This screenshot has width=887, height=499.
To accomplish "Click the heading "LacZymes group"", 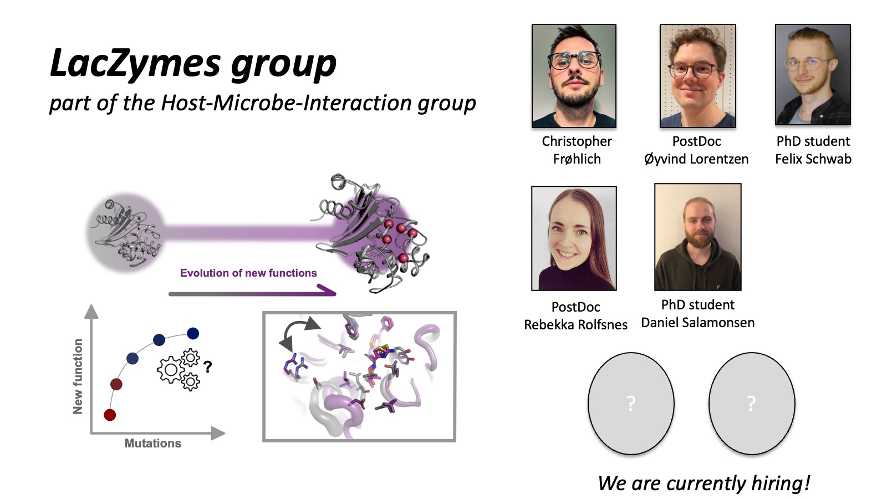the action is [193, 63].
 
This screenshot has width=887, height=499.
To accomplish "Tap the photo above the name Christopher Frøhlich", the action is [574, 75].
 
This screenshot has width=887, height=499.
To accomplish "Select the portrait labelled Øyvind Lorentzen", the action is [698, 75].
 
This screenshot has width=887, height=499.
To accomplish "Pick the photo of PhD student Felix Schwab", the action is [813, 74].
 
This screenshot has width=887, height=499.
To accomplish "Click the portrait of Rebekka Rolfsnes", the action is [574, 238].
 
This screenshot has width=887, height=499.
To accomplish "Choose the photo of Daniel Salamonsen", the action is [698, 237].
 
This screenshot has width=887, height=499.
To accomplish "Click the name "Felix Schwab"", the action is [813, 159].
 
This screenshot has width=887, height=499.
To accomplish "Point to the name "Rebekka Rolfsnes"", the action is [576, 325].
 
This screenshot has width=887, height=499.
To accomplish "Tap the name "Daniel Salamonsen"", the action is [698, 322].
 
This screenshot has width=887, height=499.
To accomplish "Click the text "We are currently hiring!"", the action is [704, 483].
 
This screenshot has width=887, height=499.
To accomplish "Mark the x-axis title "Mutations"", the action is [153, 443].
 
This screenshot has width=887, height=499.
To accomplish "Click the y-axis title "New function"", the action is [78, 376].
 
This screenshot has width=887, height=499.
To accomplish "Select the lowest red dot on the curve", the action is [110, 415].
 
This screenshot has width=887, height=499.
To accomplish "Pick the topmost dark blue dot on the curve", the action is [193, 333].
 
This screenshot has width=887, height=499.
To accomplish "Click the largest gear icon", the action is [171, 370].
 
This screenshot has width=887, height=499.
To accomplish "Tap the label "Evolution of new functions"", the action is [248, 273].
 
